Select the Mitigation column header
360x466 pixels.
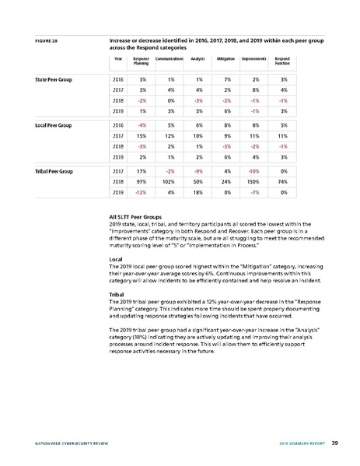(x=226, y=58)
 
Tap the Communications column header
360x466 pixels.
(x=169, y=58)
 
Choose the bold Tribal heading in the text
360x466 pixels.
(x=120, y=295)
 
